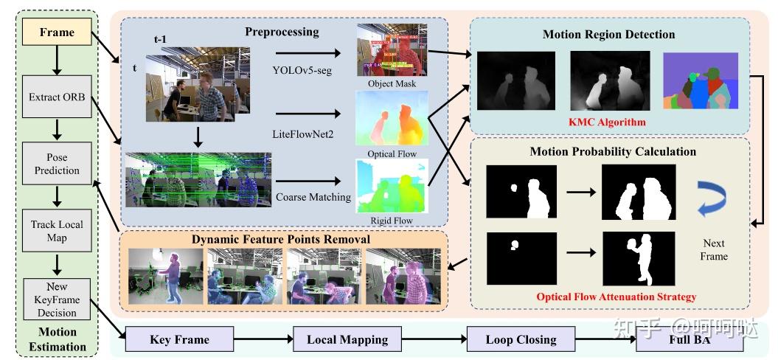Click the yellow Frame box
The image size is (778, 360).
point(57,32)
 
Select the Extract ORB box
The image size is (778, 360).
point(57,96)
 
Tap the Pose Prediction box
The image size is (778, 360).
point(57,164)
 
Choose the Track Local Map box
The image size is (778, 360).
point(57,230)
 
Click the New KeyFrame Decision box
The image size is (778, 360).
point(57,300)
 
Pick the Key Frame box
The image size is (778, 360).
point(179,340)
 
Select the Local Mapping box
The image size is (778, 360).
point(347,340)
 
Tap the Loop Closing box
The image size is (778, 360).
point(521,340)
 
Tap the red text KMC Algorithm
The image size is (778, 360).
point(608,122)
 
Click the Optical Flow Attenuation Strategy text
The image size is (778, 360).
point(616,297)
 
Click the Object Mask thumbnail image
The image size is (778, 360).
point(386,51)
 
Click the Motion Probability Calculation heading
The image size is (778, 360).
point(612,152)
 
